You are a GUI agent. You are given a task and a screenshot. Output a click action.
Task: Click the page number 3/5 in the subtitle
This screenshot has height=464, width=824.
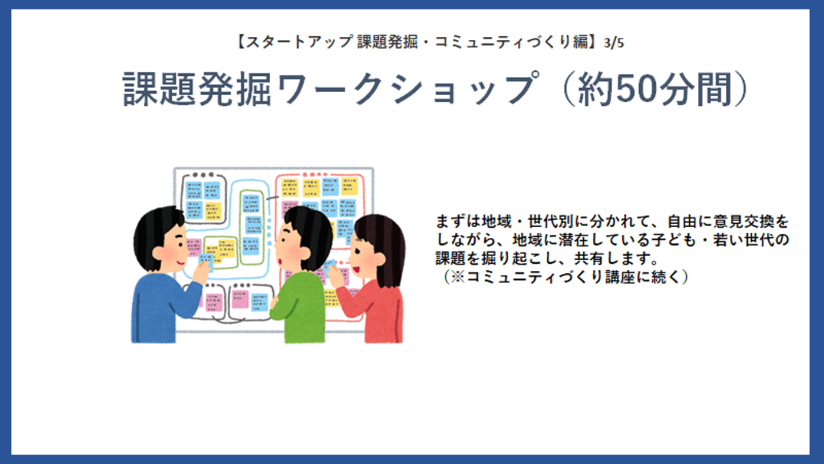(614, 42)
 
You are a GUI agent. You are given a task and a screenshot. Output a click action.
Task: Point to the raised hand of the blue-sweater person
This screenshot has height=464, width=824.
(200, 271)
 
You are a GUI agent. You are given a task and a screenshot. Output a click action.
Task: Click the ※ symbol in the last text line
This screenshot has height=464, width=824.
(458, 277)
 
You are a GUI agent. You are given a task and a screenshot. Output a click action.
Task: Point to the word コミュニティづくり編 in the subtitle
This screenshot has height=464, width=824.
(511, 42)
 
